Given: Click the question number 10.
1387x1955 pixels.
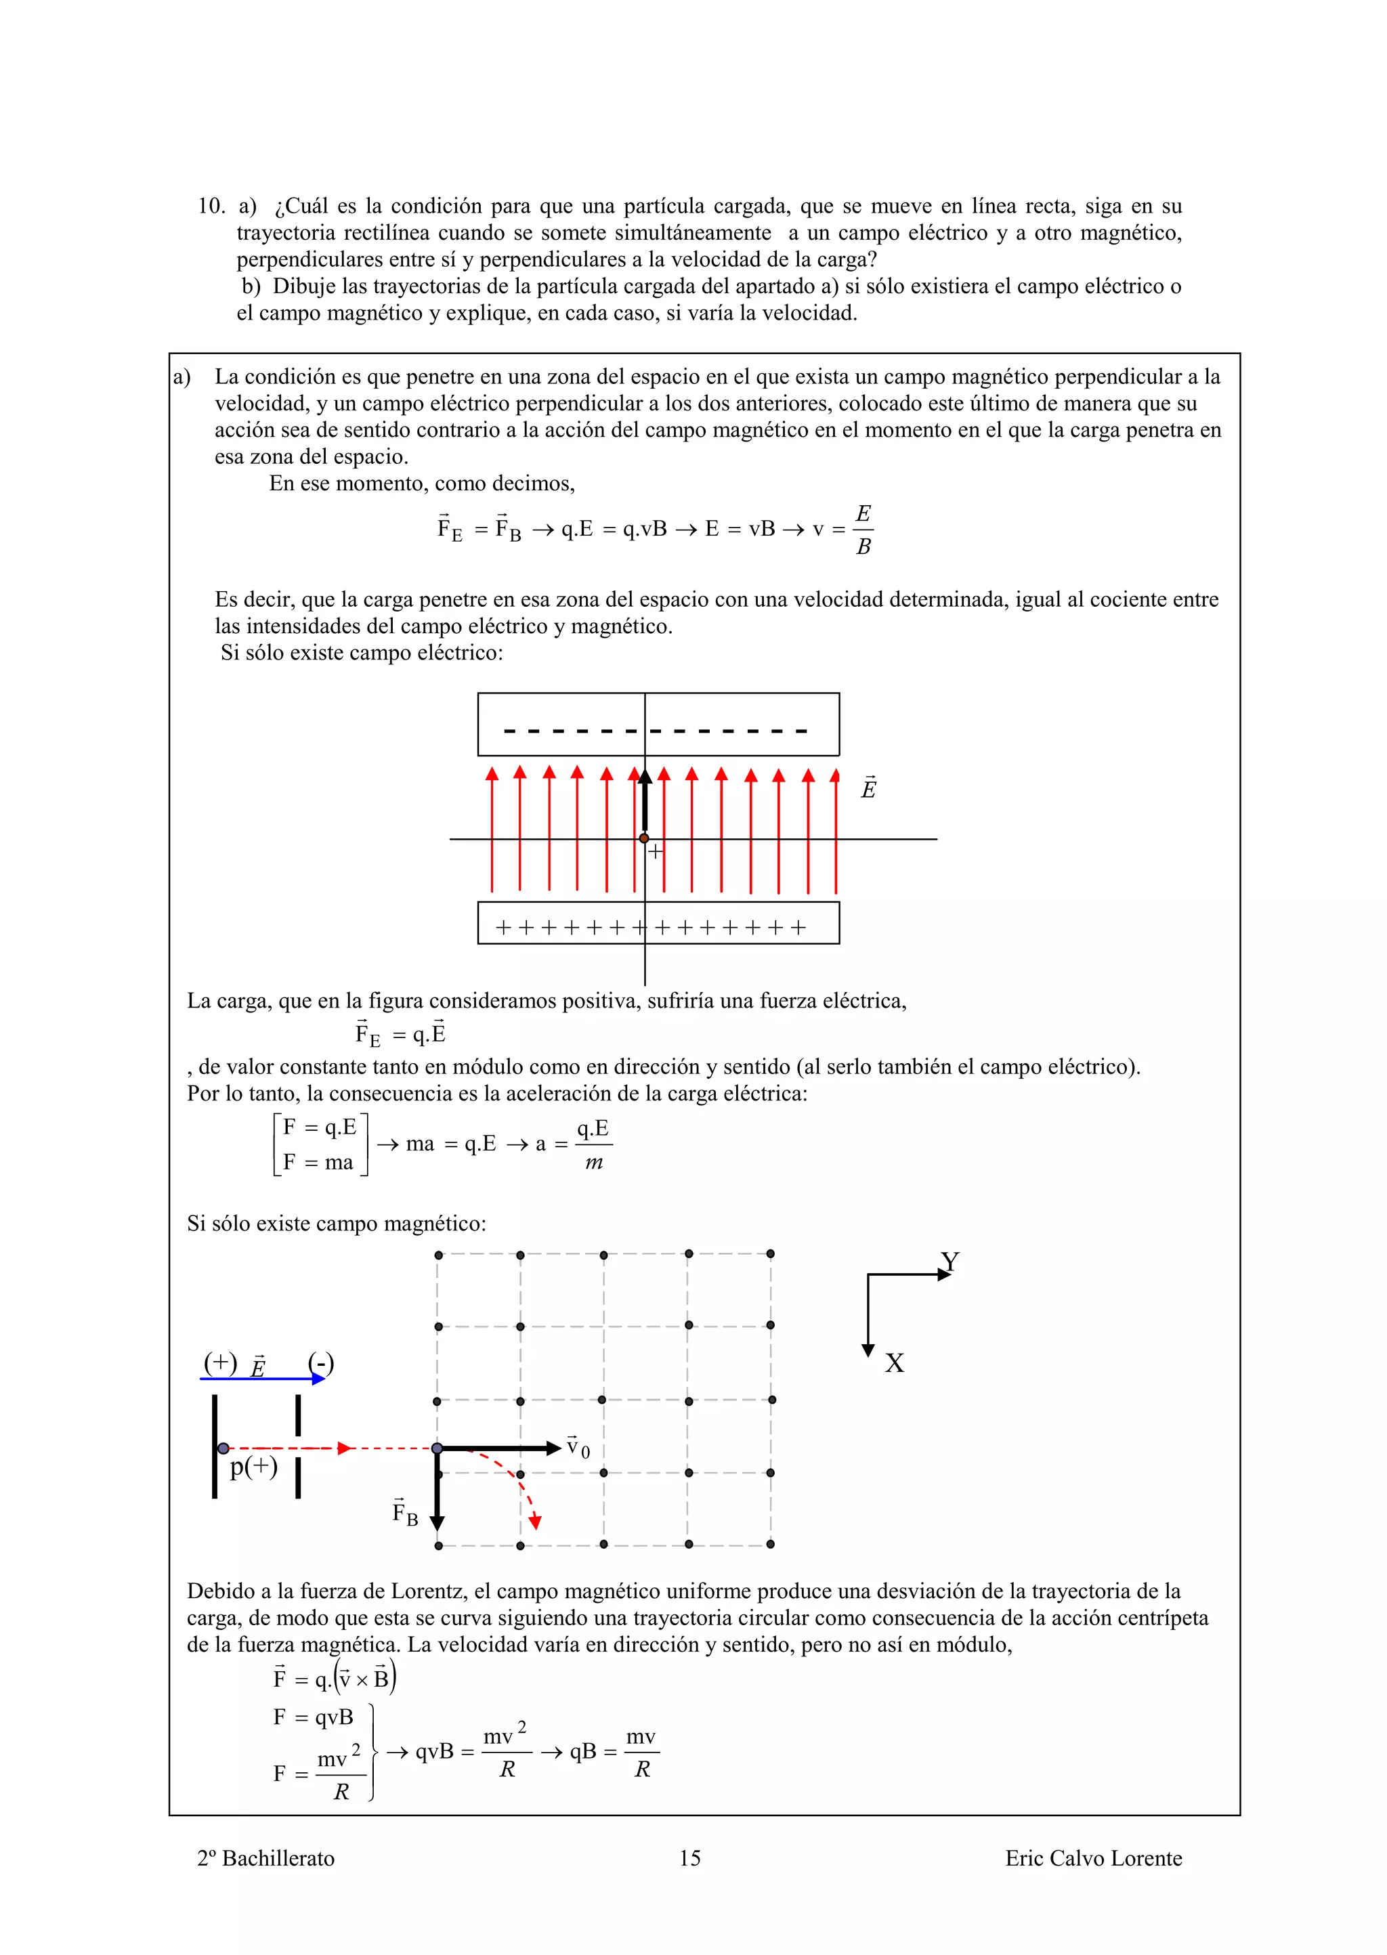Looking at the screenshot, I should pyautogui.click(x=210, y=206).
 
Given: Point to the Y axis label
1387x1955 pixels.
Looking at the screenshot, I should pyautogui.click(x=949, y=1261).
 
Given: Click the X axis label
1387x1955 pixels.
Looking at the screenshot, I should pyautogui.click(x=894, y=1363).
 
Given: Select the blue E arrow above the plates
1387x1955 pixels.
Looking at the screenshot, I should pyautogui.click(x=263, y=1379).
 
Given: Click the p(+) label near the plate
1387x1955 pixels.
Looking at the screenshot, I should pyautogui.click(x=254, y=1467).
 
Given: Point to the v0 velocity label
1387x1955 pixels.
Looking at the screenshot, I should pyautogui.click(x=578, y=1447).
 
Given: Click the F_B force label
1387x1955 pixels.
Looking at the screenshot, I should pyautogui.click(x=405, y=1512).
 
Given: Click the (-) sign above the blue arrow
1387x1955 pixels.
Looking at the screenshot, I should pyautogui.click(x=321, y=1362).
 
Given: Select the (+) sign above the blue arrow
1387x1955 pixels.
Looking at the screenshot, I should pyautogui.click(x=220, y=1362).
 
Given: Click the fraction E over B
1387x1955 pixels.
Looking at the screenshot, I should pyautogui.click(x=863, y=530).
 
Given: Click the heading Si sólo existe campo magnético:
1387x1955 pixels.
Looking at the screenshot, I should pyautogui.click(x=336, y=1224).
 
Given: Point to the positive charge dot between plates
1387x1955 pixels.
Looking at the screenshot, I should pyautogui.click(x=644, y=838).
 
